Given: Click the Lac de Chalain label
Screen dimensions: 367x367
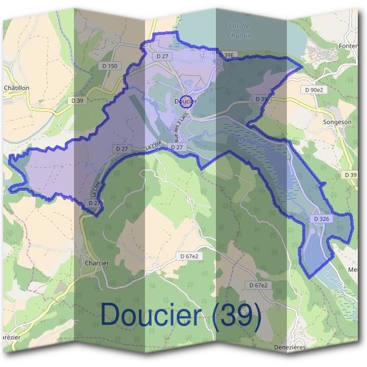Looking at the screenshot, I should click(x=239, y=30).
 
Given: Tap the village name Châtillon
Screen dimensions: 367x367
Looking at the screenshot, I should click(x=17, y=88).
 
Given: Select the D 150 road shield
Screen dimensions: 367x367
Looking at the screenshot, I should click(x=112, y=65).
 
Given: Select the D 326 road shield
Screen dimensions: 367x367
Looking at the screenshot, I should click(x=322, y=218).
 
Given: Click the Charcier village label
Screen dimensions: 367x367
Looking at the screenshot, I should click(x=94, y=263).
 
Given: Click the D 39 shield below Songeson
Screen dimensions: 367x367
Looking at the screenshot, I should click(x=350, y=176).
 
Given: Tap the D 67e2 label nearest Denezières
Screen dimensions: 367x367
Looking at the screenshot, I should click(x=259, y=286).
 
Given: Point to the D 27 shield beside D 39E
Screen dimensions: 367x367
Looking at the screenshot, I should click(x=162, y=56).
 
